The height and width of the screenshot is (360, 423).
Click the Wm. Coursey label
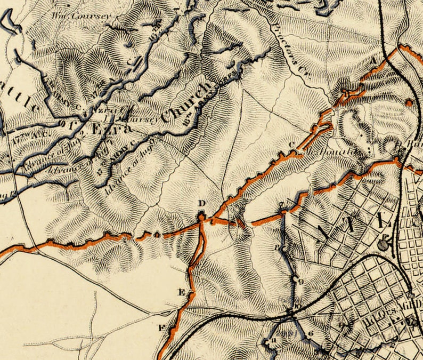coord(82,15)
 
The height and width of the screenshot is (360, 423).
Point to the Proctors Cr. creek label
coord(287,52)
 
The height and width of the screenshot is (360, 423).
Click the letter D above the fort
coord(201,203)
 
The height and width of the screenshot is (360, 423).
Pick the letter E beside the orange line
coord(181,292)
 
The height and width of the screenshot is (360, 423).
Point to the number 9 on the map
coord(301,281)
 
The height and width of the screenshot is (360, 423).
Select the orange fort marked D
coord(202,217)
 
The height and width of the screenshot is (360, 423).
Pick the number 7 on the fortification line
coord(281,205)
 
